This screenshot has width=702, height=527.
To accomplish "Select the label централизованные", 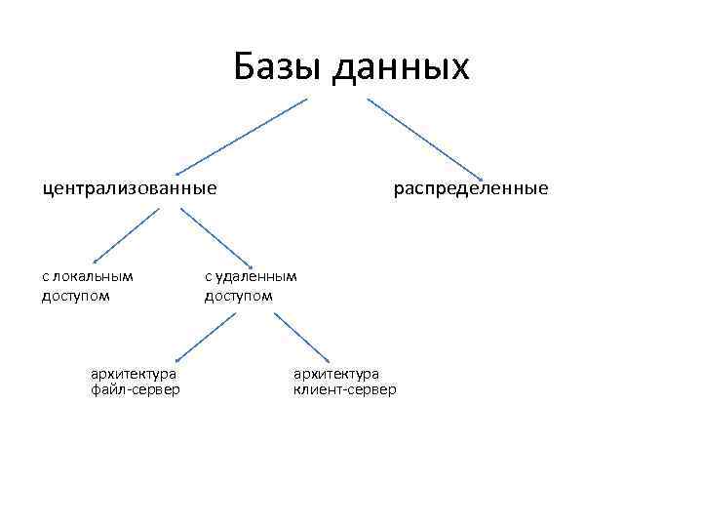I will [129, 186].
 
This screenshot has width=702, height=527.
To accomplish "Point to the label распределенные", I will [471, 186].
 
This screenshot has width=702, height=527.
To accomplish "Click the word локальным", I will [93, 275].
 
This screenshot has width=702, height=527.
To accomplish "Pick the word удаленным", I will [255, 275].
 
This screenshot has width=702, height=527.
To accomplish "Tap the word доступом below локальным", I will [76, 295].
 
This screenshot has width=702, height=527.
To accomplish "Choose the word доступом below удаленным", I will [239, 295].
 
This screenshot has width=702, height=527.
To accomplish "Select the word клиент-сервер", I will [344, 390].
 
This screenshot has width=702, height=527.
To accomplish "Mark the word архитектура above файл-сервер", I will [133, 373].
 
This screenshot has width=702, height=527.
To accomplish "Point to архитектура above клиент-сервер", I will [336, 373].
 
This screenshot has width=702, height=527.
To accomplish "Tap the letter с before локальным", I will [45, 276].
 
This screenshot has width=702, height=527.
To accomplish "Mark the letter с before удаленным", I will [208, 276].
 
